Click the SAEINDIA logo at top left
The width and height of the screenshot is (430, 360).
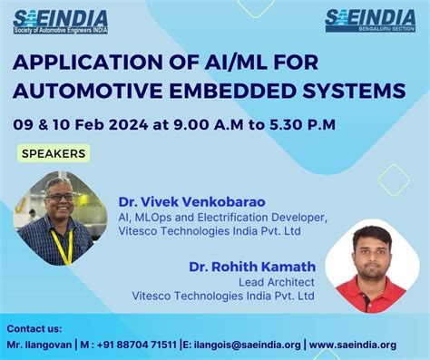pyautogui.click(x=61, y=20)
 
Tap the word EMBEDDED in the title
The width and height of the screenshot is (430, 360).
pyautogui.click(x=252, y=91)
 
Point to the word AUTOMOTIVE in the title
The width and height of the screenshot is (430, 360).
pyautogui.click(x=90, y=91)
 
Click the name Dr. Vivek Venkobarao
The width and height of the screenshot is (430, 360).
pyautogui.click(x=191, y=201)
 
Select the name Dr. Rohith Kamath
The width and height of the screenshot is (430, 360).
pyautogui.click(x=252, y=267)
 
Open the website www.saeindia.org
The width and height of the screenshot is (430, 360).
pyautogui.click(x=355, y=345)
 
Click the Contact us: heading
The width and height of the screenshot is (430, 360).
pyautogui.click(x=34, y=328)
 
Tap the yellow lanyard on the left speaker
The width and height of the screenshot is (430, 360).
pyautogui.click(x=61, y=246)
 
